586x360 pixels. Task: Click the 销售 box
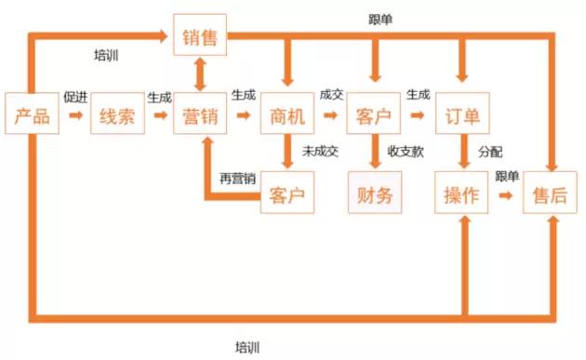pos(200,34)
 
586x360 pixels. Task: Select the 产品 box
pos(33,113)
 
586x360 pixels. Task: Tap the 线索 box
pos(118,113)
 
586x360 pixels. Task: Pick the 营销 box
pos(200,113)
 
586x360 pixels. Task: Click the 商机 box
pos(287,113)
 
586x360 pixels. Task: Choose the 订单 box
pos(462,113)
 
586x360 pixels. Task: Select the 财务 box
pos(375,193)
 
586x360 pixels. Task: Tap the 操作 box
pos(461,193)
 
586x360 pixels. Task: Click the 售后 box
pos(550,193)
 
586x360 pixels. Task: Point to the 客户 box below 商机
pos(287,193)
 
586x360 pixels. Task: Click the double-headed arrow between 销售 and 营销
pos(200,74)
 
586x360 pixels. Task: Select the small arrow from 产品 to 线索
pos(76,115)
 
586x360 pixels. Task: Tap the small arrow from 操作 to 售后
pos(506,194)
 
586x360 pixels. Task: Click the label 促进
pos(75,97)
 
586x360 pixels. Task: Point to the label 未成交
pos(320,152)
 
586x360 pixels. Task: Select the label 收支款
pos(406,152)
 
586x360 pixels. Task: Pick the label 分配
pos(490,152)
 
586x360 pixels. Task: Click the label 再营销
pos(238,179)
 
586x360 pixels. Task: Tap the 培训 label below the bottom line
pos(247,348)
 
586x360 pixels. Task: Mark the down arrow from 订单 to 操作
pos(464,151)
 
